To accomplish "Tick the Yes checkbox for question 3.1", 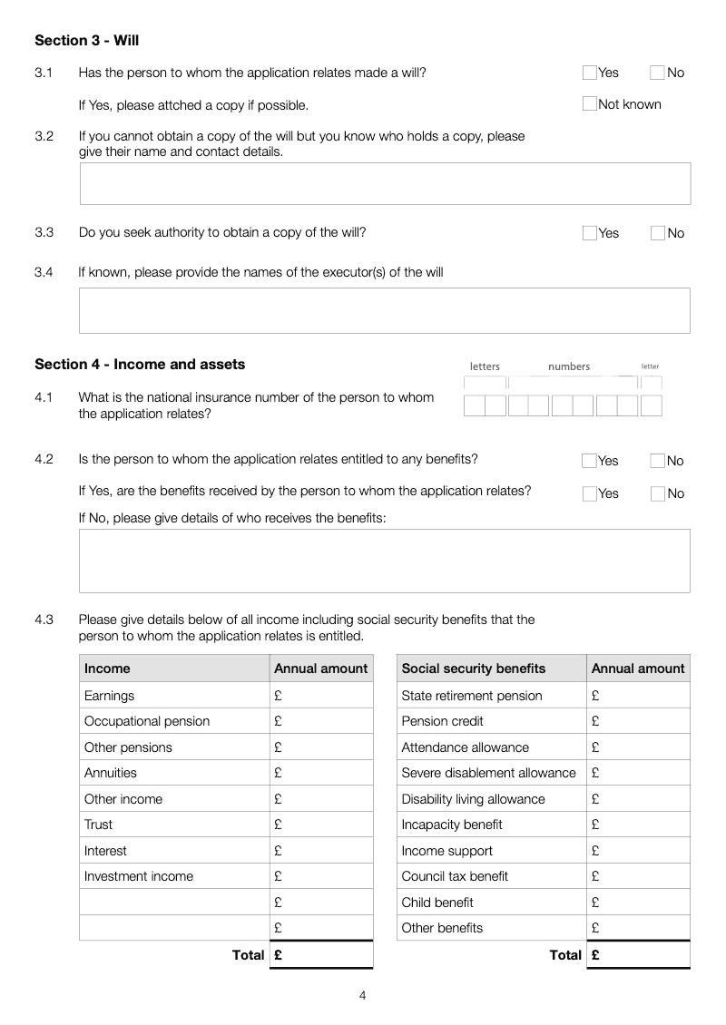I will (x=590, y=73).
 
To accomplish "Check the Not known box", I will (x=590, y=104).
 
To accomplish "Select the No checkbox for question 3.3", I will (x=658, y=233).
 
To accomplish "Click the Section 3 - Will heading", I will (x=86, y=41).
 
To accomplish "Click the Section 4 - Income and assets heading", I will (x=140, y=365).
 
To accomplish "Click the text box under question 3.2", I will (x=385, y=183).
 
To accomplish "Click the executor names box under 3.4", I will (x=385, y=310).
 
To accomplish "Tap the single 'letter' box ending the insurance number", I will (x=651, y=405).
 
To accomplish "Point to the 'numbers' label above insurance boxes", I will (x=569, y=366).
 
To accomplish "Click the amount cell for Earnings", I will (x=322, y=696).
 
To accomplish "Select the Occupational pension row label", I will (x=147, y=721).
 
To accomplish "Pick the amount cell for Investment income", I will (x=322, y=876).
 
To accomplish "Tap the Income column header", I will (x=107, y=669).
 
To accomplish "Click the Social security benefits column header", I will (x=474, y=669).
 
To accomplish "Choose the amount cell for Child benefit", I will (x=638, y=903).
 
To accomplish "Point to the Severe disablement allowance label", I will (x=488, y=773).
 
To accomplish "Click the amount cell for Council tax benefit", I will (x=638, y=876).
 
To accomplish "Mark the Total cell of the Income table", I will (x=322, y=955).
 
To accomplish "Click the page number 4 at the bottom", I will (x=363, y=996).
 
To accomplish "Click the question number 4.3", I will (x=44, y=620).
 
